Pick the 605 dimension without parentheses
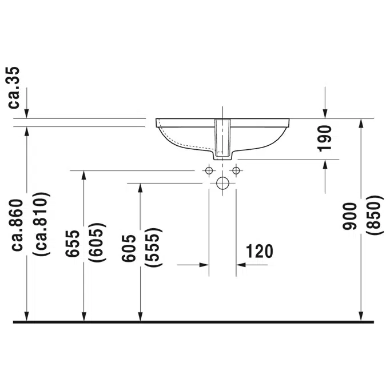[129, 248]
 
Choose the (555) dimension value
[153, 248]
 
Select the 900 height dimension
[349, 216]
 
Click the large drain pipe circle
[223, 184]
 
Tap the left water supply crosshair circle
[209, 170]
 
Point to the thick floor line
[193, 322]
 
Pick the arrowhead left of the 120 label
[203, 265]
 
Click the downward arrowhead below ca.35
[27, 114]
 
